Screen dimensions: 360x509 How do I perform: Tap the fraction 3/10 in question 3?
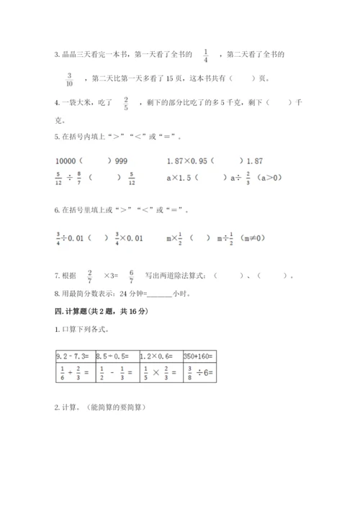point(70,78)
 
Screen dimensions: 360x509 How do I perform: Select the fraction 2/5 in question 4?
point(127,104)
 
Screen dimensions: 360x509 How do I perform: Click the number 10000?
point(66,161)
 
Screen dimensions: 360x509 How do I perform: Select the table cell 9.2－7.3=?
point(73,355)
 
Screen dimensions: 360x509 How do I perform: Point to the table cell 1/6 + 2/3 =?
point(73,373)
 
